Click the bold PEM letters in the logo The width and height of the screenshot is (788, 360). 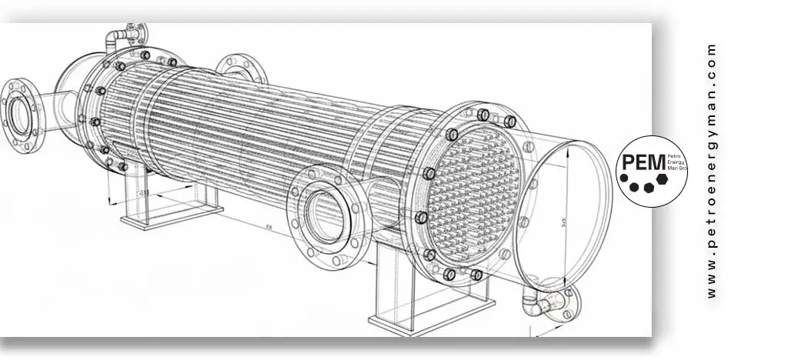637,162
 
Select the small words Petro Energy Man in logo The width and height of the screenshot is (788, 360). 668,163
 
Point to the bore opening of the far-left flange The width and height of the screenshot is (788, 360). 18,114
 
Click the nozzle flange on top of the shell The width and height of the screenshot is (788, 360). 241,68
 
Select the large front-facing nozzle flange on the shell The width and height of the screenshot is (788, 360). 324,215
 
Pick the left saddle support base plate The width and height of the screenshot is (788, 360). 172,215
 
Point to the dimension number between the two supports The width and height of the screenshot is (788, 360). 267,228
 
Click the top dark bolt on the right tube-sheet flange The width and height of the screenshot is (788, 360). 482,115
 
